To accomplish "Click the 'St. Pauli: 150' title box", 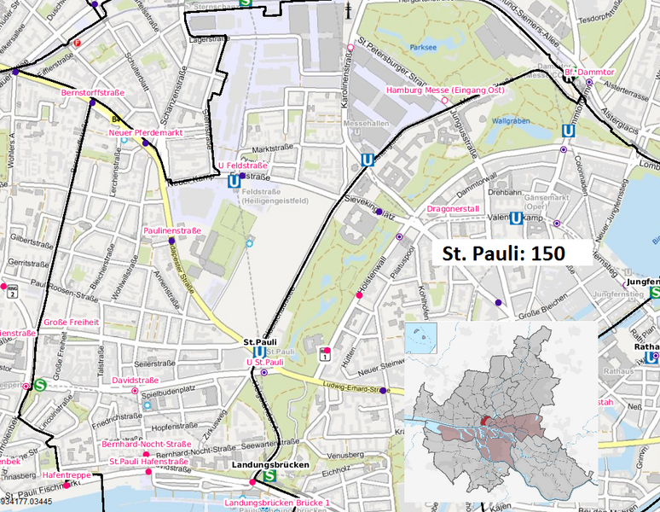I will click(502, 253).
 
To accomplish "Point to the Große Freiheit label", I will click(71, 323).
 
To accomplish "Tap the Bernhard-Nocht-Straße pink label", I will click(146, 445).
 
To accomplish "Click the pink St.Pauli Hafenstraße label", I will click(149, 462).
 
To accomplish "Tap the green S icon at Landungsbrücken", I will click(270, 476).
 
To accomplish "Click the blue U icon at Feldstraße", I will click(234, 181).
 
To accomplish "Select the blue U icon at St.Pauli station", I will click(258, 352).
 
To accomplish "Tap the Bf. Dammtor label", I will click(589, 73).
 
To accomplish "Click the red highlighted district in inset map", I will click(485, 421).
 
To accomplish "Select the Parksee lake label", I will click(422, 48).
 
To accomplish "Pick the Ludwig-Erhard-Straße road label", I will click(350, 385).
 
